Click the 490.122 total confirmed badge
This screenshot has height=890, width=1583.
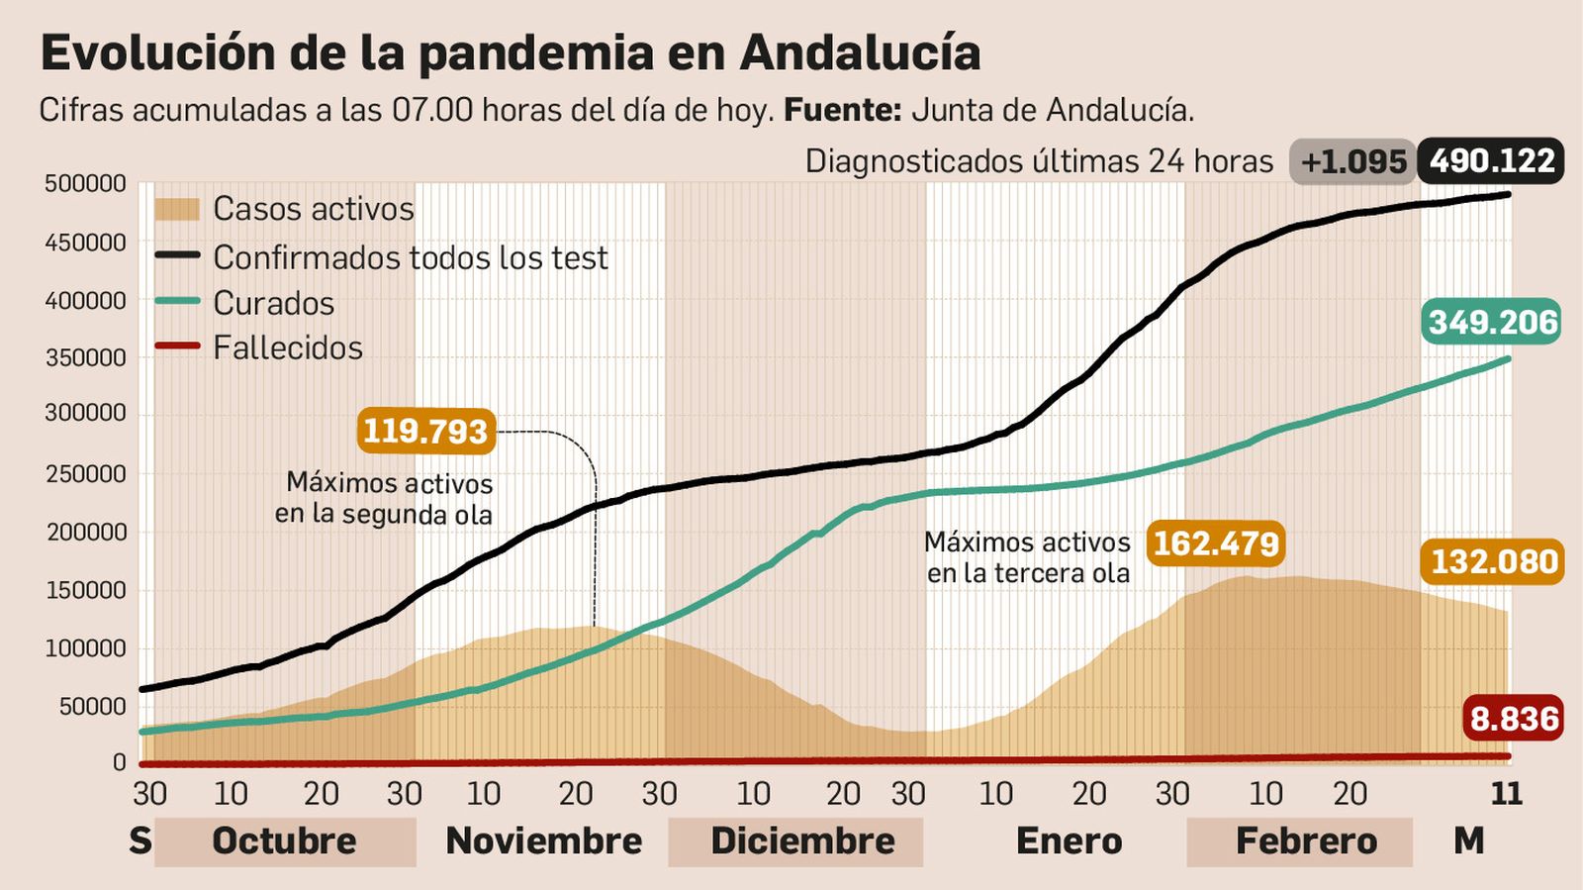pyautogui.click(x=1491, y=161)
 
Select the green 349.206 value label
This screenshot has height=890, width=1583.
pyautogui.click(x=1493, y=323)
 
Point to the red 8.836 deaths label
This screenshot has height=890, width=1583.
pyautogui.click(x=1514, y=719)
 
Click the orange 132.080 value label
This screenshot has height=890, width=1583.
pyautogui.click(x=1494, y=562)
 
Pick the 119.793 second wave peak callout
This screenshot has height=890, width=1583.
pyautogui.click(x=425, y=432)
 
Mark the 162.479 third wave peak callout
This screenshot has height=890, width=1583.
pyautogui.click(x=1216, y=544)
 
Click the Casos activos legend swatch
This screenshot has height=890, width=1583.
pyautogui.click(x=177, y=209)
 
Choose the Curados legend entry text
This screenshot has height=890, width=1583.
pyautogui.click(x=274, y=303)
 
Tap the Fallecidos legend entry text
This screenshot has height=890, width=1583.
pyautogui.click(x=288, y=348)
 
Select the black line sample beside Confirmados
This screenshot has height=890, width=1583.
pyautogui.click(x=177, y=255)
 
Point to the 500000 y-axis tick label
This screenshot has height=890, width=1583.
pyautogui.click(x=85, y=184)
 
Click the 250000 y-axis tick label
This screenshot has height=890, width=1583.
pyautogui.click(x=85, y=474)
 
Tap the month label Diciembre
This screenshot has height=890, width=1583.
pyautogui.click(x=802, y=841)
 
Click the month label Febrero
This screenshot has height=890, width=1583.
pyautogui.click(x=1306, y=841)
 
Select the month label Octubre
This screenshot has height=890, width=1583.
pyautogui.click(x=284, y=841)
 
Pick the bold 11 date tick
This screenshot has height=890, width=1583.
pyautogui.click(x=1506, y=794)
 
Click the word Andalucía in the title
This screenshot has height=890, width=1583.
pyautogui.click(x=860, y=53)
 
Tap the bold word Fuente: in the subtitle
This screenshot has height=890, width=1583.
pyautogui.click(x=842, y=110)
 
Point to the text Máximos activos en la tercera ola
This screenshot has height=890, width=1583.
pyautogui.click(x=1027, y=557)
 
